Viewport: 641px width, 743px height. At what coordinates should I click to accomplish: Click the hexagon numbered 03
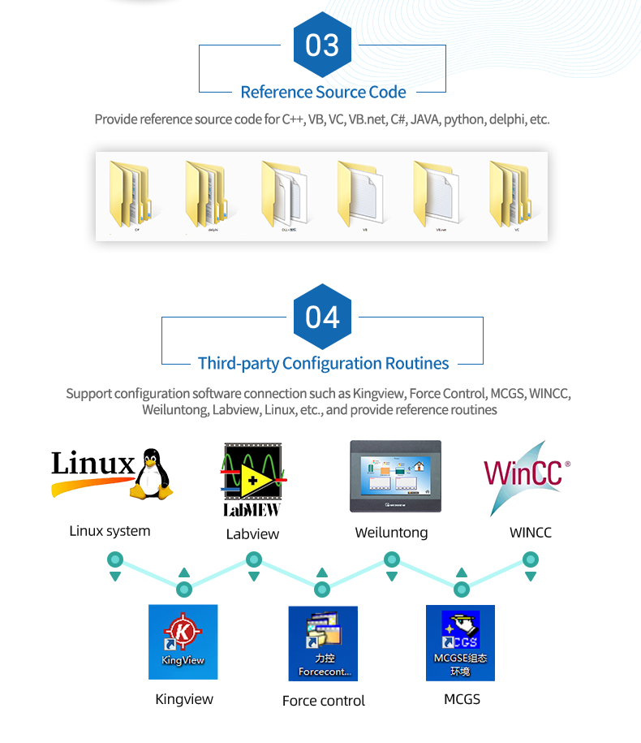click(322, 45)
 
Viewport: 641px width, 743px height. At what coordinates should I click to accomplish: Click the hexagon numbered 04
click(322, 317)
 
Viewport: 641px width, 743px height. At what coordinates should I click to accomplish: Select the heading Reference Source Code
click(323, 92)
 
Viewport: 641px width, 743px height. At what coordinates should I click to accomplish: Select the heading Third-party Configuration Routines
click(323, 363)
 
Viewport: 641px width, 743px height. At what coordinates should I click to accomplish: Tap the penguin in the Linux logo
click(152, 473)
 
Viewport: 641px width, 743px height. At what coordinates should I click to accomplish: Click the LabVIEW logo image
click(252, 478)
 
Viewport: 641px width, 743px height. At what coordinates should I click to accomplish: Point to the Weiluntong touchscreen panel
click(395, 477)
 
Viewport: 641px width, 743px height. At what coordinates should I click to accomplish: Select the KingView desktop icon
click(183, 641)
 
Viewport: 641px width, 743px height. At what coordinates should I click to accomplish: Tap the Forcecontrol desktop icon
click(323, 643)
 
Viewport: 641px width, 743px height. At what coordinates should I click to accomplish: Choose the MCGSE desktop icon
click(460, 643)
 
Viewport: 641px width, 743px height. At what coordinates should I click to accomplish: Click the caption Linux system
click(110, 531)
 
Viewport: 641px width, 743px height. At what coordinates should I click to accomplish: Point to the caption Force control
click(324, 701)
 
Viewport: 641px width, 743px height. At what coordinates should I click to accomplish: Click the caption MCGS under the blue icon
click(462, 699)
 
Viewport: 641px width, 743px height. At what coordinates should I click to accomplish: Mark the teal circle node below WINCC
click(531, 559)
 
